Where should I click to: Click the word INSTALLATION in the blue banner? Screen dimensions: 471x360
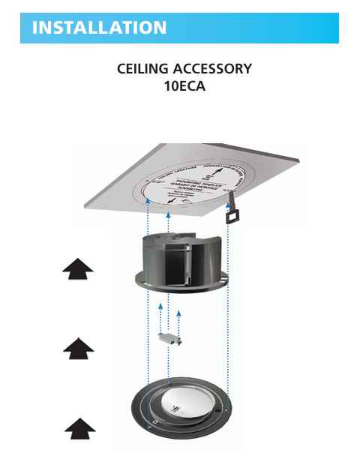coord(99,28)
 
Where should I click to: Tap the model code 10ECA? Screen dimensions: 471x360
coord(184,85)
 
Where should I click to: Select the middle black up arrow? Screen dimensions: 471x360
coord(78,348)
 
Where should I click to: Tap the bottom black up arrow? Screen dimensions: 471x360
coord(79,429)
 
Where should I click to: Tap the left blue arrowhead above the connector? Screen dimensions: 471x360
coord(160,306)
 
